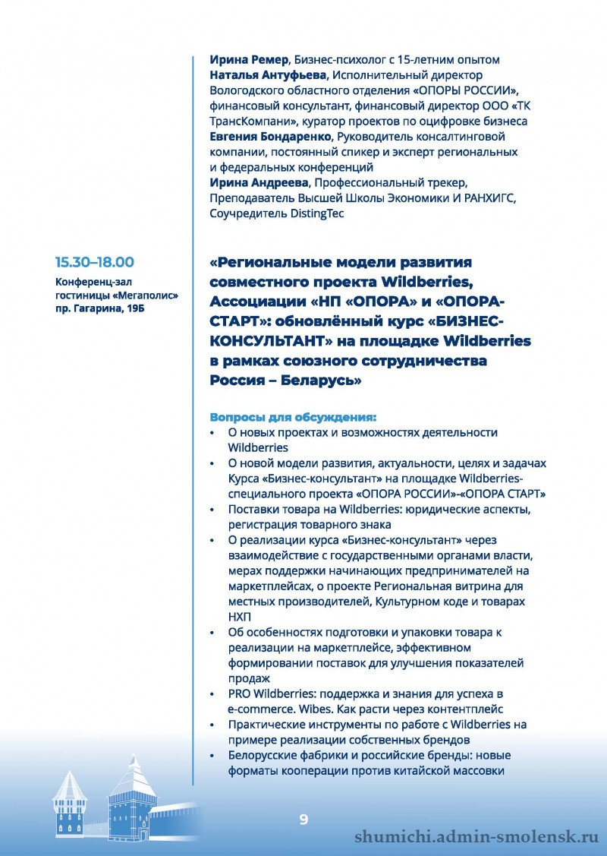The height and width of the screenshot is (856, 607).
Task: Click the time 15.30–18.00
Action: (x=94, y=262)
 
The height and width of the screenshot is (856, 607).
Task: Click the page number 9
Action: (x=303, y=819)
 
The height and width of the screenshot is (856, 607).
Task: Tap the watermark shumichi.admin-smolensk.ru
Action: (x=477, y=836)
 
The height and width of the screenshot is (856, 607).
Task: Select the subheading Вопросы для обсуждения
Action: (x=293, y=417)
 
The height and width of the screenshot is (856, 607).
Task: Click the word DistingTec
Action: (x=317, y=213)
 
